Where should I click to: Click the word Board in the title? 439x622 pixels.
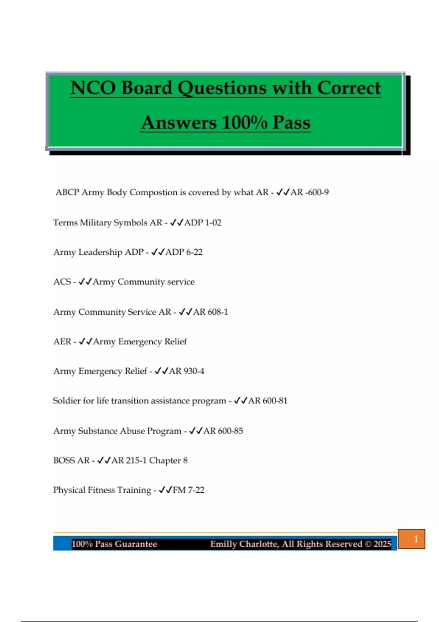coord(146,88)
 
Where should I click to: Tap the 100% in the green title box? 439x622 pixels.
coord(244,123)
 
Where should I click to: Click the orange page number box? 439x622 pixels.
coord(412,539)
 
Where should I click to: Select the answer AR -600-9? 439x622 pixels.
coord(309,192)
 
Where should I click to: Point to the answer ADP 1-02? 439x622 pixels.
coord(203,222)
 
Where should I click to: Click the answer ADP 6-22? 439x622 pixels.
coord(184,252)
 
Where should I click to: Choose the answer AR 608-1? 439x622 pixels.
coord(210,312)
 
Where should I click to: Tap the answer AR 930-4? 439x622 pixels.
coord(187,371)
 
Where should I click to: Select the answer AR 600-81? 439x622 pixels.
coord(268,401)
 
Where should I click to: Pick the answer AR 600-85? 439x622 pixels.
coord(223,431)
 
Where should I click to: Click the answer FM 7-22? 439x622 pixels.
coord(188,490)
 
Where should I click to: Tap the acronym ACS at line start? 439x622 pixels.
coord(62,282)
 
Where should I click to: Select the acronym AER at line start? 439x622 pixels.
coord(62,341)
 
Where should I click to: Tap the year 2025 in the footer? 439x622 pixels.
coord(382,544)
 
